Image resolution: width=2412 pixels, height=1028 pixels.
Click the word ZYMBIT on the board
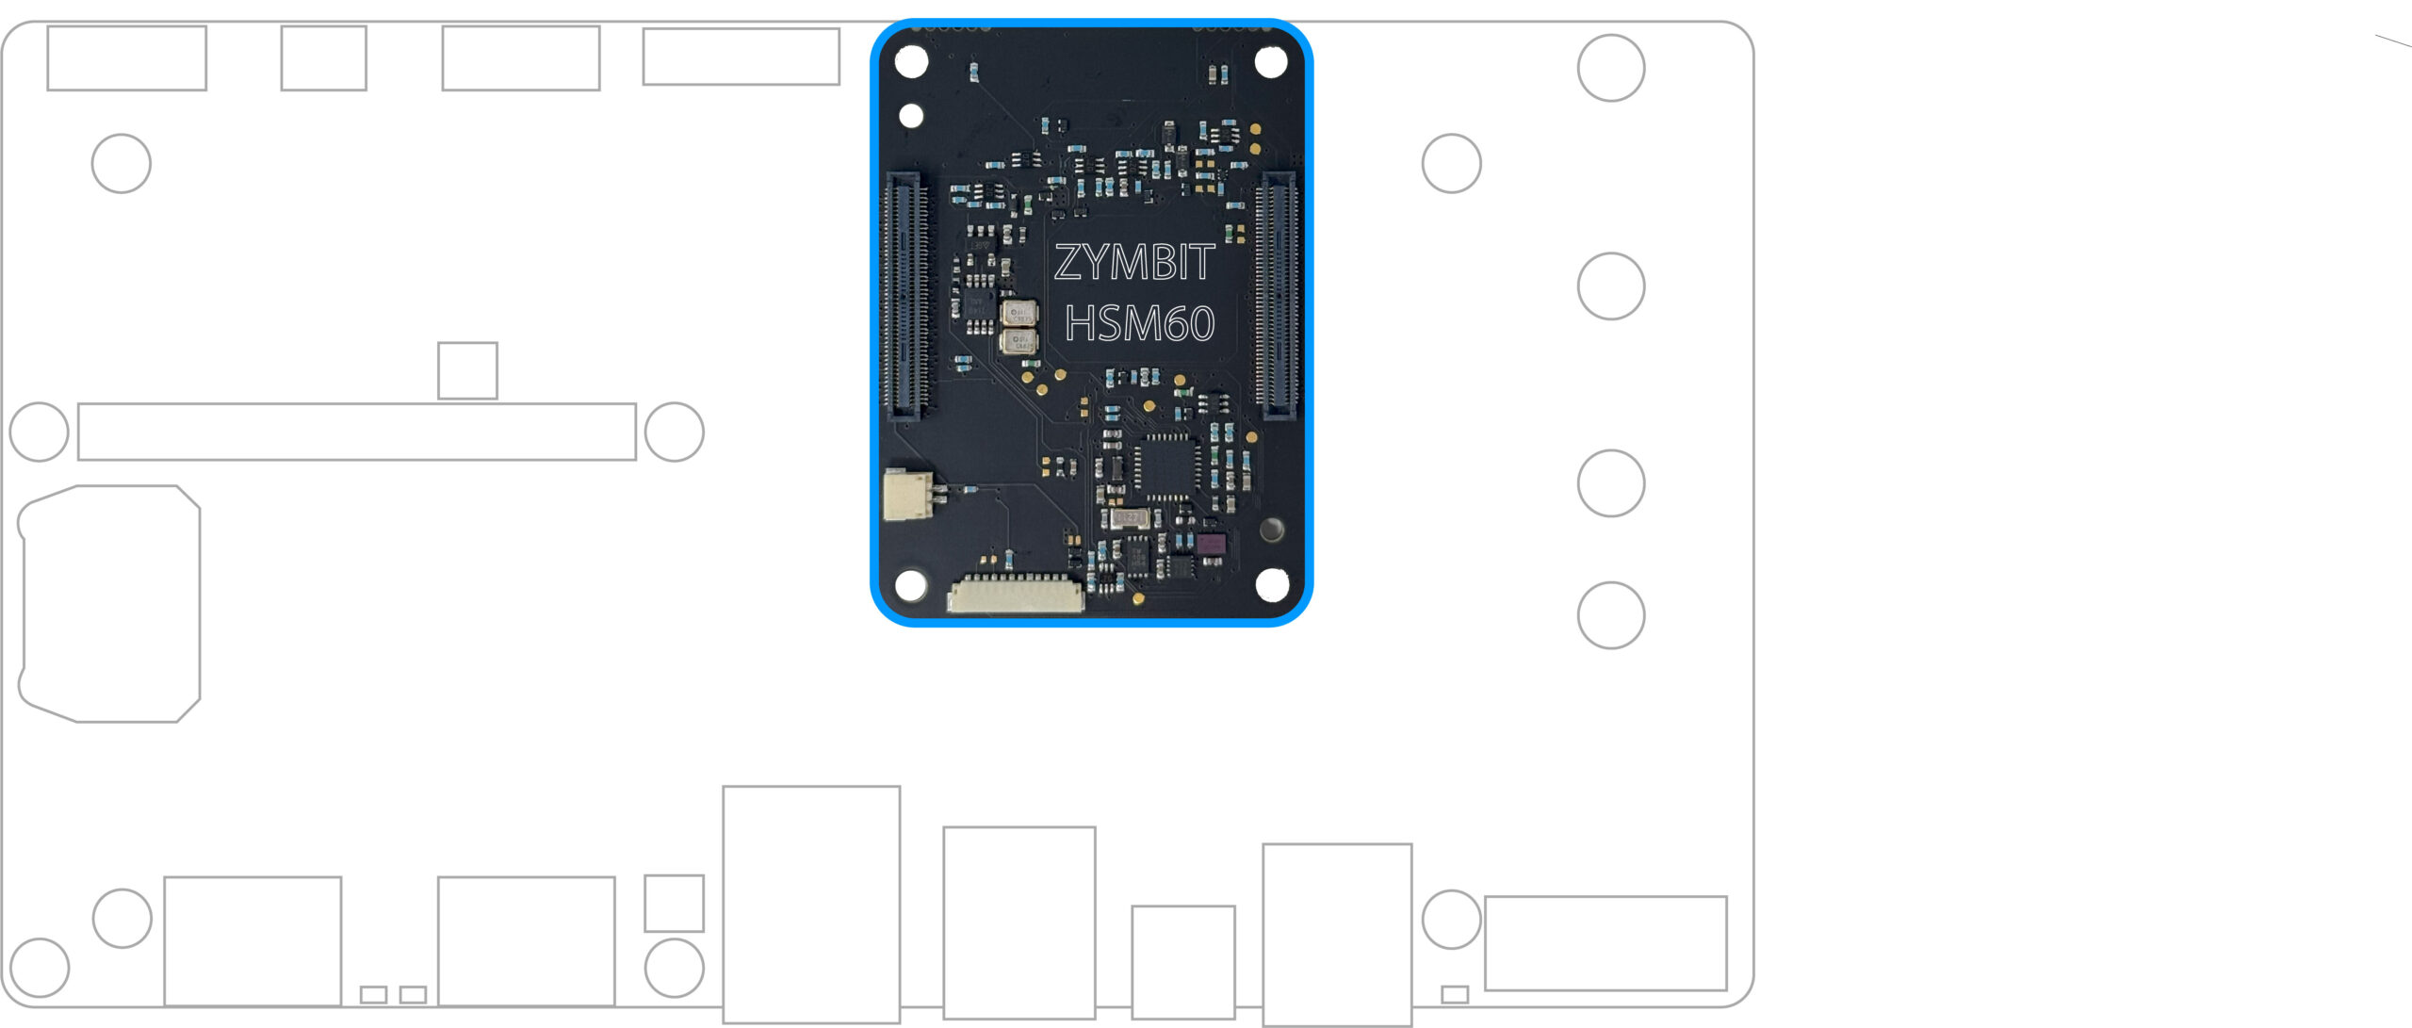click(x=1133, y=262)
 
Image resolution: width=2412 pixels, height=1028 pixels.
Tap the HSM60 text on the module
click(x=1139, y=324)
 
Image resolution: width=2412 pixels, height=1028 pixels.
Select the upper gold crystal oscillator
click(x=1019, y=313)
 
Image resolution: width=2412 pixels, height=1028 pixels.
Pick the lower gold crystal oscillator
click(x=1019, y=341)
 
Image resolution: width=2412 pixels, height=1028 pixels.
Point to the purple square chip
click(x=1211, y=544)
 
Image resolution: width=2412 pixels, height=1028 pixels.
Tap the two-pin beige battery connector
click(x=907, y=494)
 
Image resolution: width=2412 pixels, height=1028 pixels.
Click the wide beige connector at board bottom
click(x=1016, y=596)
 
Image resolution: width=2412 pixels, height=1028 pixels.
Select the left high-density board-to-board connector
click(x=904, y=295)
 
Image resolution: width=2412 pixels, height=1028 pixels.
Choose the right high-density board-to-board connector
click(x=1277, y=295)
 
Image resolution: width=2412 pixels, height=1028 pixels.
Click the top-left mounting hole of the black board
click(x=911, y=62)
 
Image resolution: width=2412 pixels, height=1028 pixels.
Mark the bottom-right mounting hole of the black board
click(x=1271, y=584)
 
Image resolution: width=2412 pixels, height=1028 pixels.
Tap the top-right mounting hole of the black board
click(x=1271, y=62)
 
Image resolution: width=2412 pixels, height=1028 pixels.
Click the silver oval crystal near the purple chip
click(x=1129, y=518)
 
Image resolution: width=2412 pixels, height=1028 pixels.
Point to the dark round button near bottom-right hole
click(x=1271, y=529)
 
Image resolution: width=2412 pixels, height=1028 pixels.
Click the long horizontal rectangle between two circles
click(x=356, y=432)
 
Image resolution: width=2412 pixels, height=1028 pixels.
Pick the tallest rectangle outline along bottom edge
click(x=811, y=905)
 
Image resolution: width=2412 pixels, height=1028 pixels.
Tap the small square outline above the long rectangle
click(x=467, y=370)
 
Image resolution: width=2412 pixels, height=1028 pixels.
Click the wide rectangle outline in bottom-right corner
click(x=1605, y=943)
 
